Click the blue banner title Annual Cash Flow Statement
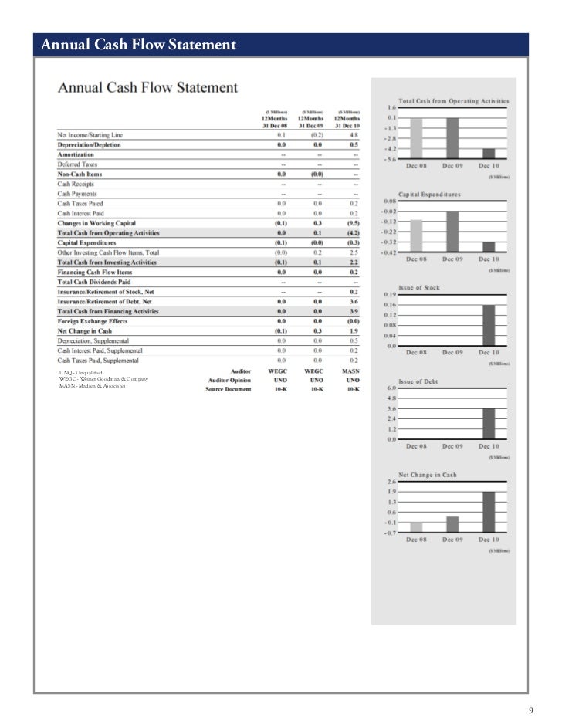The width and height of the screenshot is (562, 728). pos(137,46)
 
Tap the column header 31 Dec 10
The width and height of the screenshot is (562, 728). pos(346,126)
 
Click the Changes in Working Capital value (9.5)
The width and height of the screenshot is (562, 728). pos(354,224)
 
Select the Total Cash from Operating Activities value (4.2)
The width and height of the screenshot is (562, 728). pos(354,233)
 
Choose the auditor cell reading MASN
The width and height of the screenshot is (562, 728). pos(352,371)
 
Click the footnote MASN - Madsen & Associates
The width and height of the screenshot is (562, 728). pos(92,386)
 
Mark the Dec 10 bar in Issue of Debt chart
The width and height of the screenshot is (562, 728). pos(489,423)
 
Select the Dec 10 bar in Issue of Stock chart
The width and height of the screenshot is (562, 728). pos(489,325)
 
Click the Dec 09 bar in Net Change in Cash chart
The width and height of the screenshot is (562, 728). pos(452,524)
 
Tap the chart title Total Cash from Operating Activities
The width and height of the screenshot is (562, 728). pos(453,100)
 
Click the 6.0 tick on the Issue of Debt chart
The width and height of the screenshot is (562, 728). pos(391,388)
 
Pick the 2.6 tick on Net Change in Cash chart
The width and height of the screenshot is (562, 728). pos(391,482)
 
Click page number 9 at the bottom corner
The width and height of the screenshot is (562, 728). pos(530,710)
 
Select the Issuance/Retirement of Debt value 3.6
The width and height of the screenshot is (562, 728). pos(354,302)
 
